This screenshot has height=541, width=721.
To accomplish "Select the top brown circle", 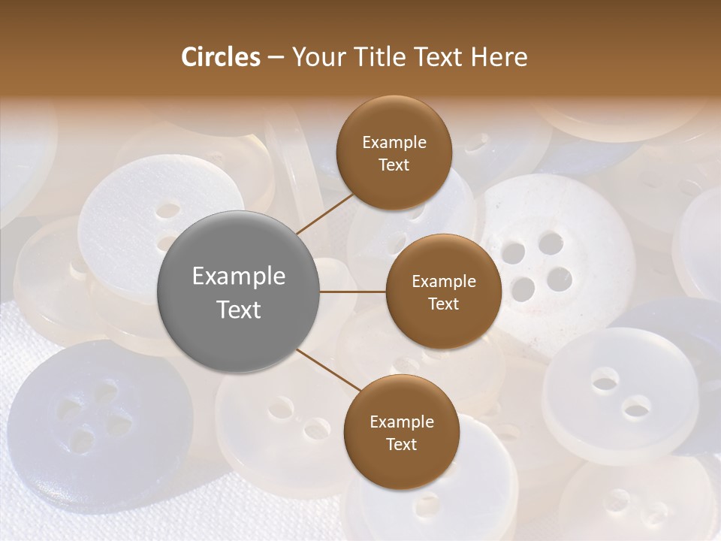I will (x=394, y=153).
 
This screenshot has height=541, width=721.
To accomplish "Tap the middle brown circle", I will (x=443, y=292).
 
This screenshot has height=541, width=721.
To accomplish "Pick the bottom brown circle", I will (x=401, y=432).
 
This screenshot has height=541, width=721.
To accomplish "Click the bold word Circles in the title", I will (x=220, y=57).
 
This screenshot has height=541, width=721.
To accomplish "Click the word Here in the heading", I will (x=499, y=57).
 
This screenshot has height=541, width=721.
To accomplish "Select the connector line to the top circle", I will (x=324, y=212).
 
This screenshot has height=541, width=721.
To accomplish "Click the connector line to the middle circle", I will (x=352, y=292).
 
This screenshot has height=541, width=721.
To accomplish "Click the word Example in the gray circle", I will (x=239, y=277).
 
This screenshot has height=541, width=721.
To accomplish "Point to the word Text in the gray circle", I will (x=239, y=310).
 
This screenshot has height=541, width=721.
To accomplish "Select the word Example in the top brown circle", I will (x=394, y=143).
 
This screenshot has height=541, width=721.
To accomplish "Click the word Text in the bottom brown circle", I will (x=401, y=445).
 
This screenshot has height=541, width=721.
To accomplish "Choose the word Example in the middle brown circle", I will (x=443, y=282).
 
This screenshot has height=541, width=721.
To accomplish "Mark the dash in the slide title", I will (x=275, y=58).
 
